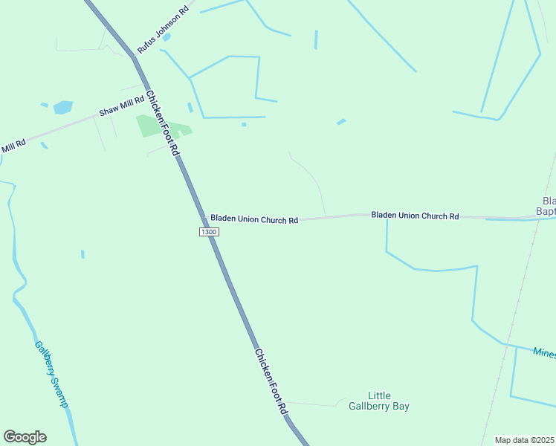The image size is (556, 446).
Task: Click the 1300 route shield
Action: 209,233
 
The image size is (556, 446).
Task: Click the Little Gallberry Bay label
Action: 379,401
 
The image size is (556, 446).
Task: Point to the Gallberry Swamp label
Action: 51,373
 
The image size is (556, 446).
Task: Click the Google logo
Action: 25,437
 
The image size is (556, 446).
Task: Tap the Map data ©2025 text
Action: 524,440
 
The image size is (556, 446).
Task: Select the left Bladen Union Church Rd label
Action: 253,219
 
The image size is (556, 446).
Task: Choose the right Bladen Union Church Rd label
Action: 415,216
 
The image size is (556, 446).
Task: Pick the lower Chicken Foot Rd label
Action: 271,381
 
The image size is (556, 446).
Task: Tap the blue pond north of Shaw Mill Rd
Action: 63,107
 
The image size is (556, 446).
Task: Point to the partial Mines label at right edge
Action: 545,352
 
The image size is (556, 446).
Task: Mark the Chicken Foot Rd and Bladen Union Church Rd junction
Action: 204,218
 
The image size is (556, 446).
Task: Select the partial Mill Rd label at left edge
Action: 13,146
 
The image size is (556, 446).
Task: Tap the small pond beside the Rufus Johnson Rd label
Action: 167,36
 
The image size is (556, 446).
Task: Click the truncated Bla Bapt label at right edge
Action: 547,207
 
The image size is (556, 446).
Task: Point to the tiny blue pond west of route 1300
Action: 83,254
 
